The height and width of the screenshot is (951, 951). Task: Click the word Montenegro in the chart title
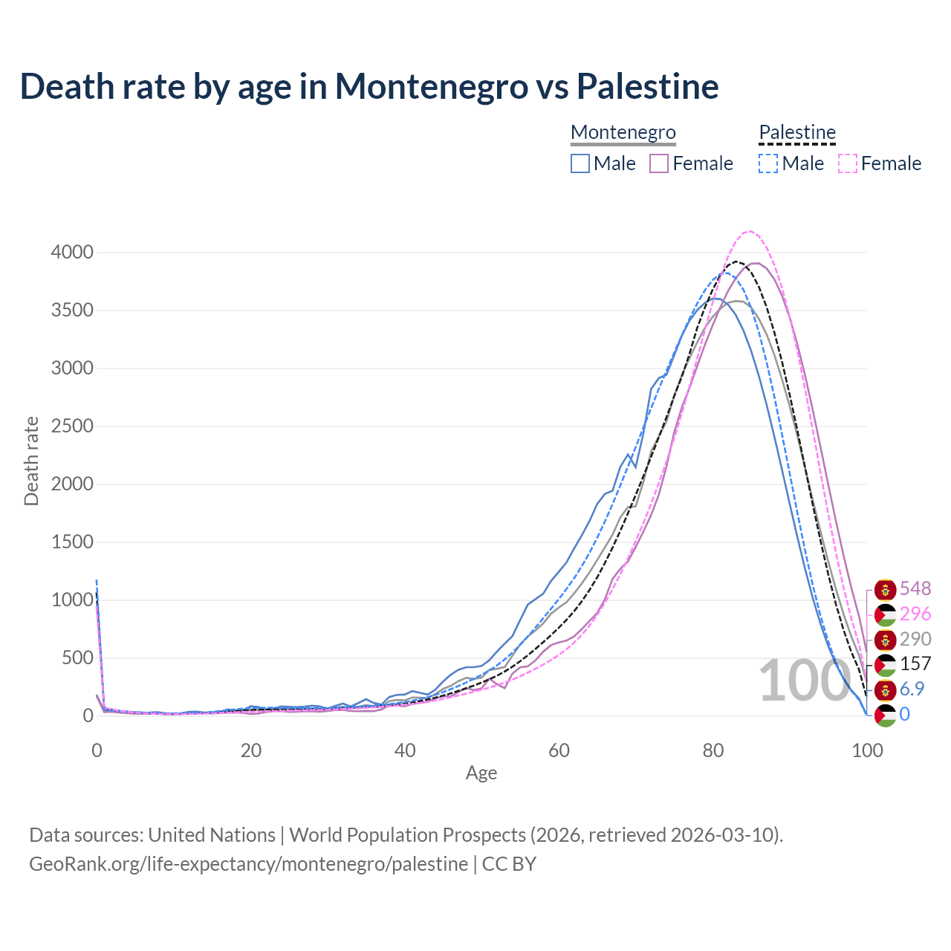coord(431,86)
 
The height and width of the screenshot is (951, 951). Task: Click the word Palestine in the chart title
coord(647,86)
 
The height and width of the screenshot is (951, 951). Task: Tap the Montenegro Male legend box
coord(580,163)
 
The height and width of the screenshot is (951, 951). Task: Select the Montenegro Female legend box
coord(659,163)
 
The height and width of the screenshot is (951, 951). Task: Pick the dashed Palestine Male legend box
coord(768,163)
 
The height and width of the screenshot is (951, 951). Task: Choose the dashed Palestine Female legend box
coord(848,163)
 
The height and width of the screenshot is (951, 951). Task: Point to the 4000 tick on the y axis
coord(72,253)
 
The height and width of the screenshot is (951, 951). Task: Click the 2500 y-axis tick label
coord(72,426)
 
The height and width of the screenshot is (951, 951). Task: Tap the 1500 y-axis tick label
coord(72,542)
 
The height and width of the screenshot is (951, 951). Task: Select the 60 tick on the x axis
coord(559,750)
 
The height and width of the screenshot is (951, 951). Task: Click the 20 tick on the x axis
coord(251,750)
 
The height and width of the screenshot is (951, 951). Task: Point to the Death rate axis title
coord(31,461)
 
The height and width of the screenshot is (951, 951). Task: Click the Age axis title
coord(481,773)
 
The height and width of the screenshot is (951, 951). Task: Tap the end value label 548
coord(915,589)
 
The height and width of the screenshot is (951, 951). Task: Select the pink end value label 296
coord(915,614)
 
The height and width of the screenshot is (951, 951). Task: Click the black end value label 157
coord(915,664)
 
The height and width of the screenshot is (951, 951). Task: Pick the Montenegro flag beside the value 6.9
coord(885,689)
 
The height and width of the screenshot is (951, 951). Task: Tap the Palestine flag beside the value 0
coord(885,715)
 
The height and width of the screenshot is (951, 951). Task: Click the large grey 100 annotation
coord(804,681)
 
